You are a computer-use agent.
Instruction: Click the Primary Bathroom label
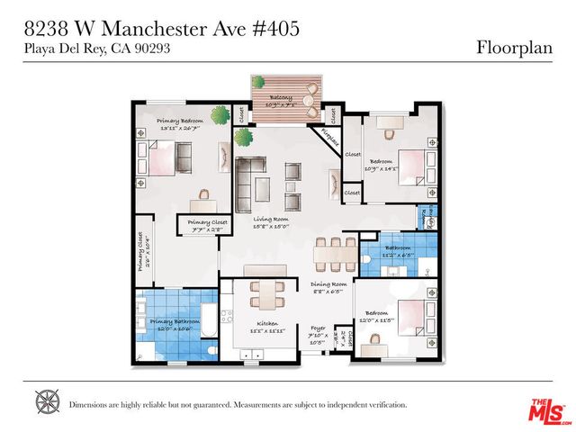click(x=175, y=323)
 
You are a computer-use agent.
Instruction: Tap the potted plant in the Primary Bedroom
click(x=220, y=114)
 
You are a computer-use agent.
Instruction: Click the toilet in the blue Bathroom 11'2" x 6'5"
click(x=368, y=258)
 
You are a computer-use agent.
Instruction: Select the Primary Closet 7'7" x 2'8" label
click(x=208, y=224)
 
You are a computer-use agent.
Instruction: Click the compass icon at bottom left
click(x=47, y=402)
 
